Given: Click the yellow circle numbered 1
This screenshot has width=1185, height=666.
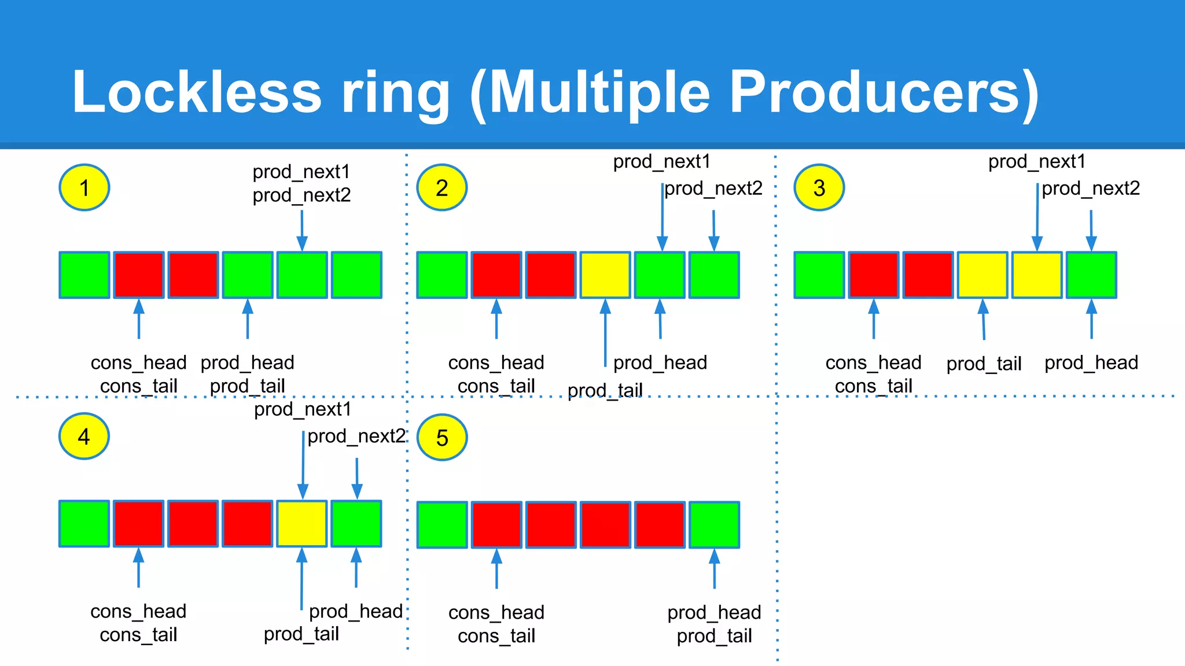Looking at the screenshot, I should pos(84,187).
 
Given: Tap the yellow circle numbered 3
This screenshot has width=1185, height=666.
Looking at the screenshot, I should pos(819,187).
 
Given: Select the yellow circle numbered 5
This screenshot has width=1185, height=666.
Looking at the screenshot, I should pos(442,437).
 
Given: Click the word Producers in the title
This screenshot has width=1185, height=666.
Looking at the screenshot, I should pos(884,92).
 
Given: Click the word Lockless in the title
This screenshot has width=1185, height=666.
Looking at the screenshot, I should pos(197,92).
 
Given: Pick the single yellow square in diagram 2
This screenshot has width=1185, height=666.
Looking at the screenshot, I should pos(605,275).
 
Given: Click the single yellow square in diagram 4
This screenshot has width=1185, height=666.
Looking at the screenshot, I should pos(302,524).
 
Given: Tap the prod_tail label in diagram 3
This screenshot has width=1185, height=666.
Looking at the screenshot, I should pos(984,364).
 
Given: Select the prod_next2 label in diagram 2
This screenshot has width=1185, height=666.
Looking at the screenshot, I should pos(713,188).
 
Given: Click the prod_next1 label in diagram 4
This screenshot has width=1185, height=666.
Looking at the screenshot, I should pos(303,409).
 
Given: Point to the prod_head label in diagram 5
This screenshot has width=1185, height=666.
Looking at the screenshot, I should pos(714,612).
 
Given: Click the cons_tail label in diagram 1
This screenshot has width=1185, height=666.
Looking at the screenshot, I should pos(139,386).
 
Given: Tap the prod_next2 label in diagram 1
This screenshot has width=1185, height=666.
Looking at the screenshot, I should pos(301,195).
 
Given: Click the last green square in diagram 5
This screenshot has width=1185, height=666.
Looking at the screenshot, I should pos(714,525).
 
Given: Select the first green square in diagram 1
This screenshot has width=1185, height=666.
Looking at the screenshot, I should pos(84,275).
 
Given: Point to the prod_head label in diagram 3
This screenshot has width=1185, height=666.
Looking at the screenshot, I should pos(1091,362).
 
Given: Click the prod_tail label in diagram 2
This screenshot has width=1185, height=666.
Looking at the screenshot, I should pos(605,391).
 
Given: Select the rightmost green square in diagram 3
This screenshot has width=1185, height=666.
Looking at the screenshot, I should pos(1091,275).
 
